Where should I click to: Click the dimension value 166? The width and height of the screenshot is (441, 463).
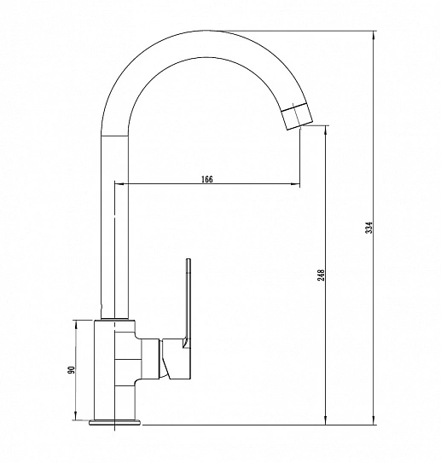coord(206,179)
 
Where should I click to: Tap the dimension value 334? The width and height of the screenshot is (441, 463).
coord(369,228)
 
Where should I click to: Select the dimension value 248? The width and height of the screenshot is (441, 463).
coord(321,275)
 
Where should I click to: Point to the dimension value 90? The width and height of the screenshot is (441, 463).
coord(72,370)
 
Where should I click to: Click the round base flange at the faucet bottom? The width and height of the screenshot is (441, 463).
coord(115,423)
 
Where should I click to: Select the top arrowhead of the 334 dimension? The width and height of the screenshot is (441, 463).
coord(374,35)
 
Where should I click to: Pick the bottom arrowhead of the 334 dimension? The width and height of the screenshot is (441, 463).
coord(374,420)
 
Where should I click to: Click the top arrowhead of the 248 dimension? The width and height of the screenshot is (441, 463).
coord(326,130)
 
